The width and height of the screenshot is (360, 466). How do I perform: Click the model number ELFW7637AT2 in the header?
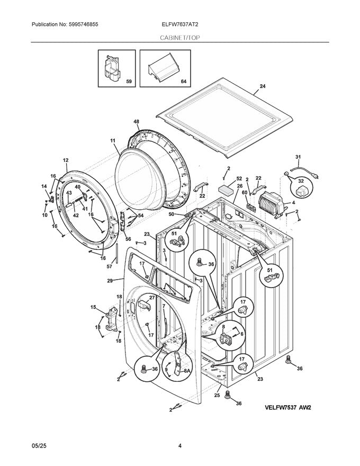[x=180, y=24]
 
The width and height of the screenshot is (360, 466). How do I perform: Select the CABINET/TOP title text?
[x=180, y=37]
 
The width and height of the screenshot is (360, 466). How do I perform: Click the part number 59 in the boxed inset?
[x=128, y=82]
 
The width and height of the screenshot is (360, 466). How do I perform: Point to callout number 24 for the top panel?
[x=262, y=86]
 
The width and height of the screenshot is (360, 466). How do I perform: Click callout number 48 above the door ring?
[x=136, y=122]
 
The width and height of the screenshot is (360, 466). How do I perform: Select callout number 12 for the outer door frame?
[x=66, y=160]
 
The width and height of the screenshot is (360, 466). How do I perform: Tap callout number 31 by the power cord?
[x=298, y=157]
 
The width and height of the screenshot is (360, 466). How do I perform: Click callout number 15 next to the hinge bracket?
[x=93, y=307]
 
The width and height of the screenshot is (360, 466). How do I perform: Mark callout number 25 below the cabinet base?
[x=218, y=396]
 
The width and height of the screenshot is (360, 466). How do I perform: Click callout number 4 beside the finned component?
[x=293, y=202]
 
